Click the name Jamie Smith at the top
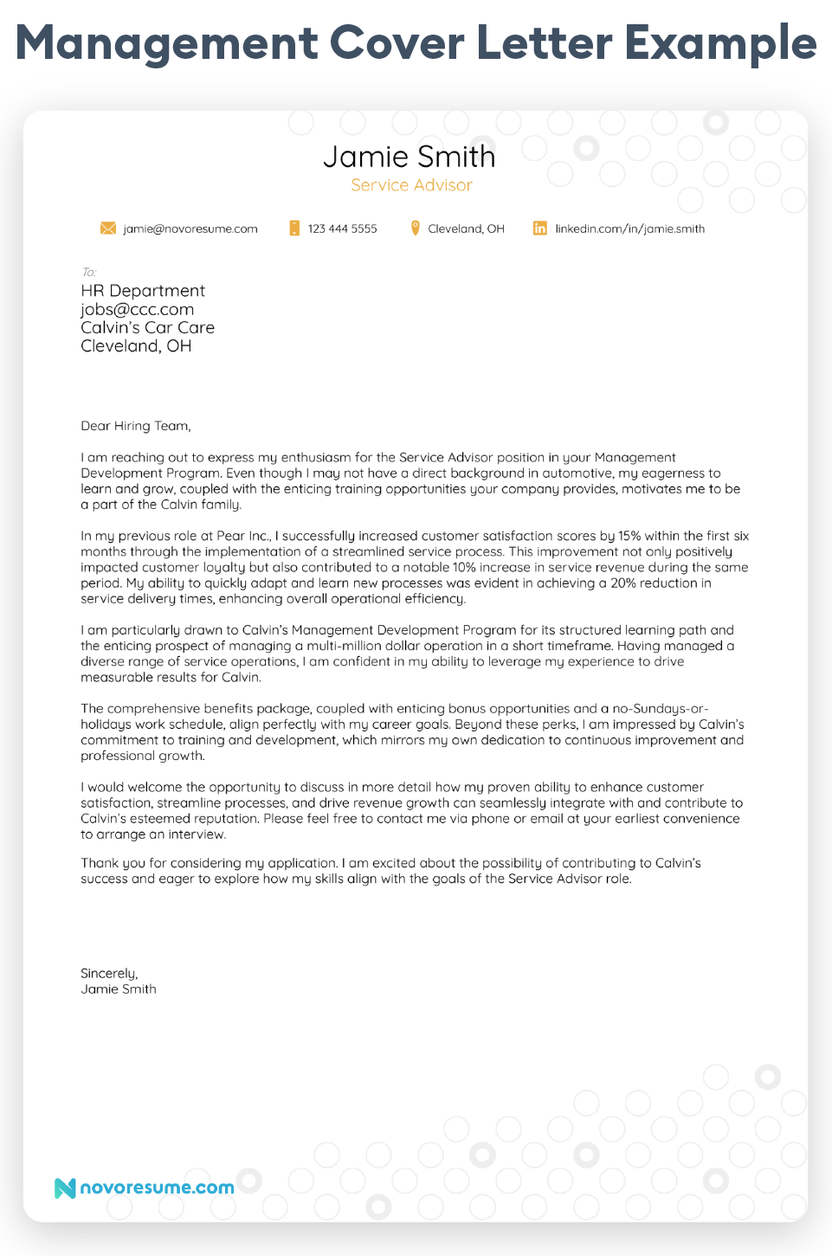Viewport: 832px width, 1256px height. point(409,157)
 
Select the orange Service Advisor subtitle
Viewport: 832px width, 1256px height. point(411,185)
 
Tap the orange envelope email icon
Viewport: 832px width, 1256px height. point(108,229)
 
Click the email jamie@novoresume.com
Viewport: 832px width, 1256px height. point(190,229)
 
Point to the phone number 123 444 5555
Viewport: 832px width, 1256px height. point(342,229)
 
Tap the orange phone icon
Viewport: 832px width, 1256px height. point(294,229)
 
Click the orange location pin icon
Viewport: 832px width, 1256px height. point(415,229)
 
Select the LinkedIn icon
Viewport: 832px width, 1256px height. point(539,229)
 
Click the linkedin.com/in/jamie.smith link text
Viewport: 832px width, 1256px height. point(629,229)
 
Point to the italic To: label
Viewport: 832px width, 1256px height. point(88,272)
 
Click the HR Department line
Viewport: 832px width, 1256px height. point(143,291)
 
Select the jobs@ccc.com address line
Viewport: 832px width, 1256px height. point(137,309)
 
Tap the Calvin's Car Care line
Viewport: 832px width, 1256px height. point(147,327)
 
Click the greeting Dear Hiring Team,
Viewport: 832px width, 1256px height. point(135,426)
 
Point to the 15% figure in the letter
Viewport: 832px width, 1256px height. point(629,536)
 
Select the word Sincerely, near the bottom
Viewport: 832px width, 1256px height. point(109,973)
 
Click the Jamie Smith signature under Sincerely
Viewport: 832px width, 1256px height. point(119,989)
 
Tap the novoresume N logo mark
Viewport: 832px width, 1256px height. point(65,1188)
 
